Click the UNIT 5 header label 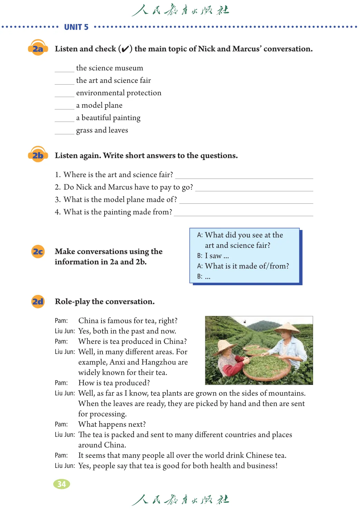tap(76, 27)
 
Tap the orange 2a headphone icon tap(38, 48)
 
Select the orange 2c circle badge tap(38, 251)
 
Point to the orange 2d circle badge tap(38, 301)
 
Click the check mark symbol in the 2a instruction tap(125, 49)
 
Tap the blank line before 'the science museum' tap(64, 70)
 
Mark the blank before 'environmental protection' tap(64, 95)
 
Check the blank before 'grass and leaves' tap(64, 132)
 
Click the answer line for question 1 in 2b tap(244, 176)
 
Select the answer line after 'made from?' tap(243, 214)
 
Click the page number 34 tap(61, 484)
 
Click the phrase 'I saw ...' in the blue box tap(217, 256)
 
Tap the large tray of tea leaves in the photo tap(266, 367)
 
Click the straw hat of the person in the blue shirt tap(286, 327)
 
